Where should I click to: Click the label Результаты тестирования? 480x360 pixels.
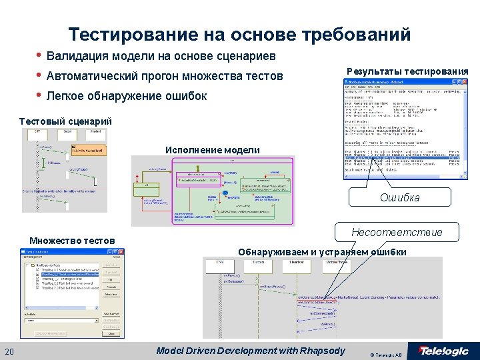[407, 71]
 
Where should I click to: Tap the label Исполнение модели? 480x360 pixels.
[213, 150]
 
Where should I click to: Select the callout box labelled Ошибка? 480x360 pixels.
[400, 197]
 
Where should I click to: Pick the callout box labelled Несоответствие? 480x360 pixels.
[397, 232]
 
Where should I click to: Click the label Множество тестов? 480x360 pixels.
[72, 240]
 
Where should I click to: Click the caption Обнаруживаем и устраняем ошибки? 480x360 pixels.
[322, 251]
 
